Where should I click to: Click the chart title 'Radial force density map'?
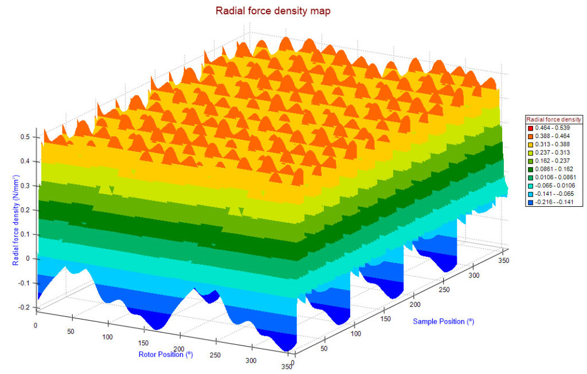pyautogui.click(x=273, y=10)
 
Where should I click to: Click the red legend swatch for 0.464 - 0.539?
pyautogui.click(x=530, y=127)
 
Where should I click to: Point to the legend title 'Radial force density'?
pyautogui.click(x=554, y=119)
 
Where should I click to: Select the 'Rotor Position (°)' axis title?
pyautogui.click(x=165, y=354)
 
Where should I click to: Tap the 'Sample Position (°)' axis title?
pyautogui.click(x=443, y=321)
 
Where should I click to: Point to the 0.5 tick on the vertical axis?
pyautogui.click(x=26, y=137)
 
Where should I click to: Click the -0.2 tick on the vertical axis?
pyautogui.click(x=25, y=307)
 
